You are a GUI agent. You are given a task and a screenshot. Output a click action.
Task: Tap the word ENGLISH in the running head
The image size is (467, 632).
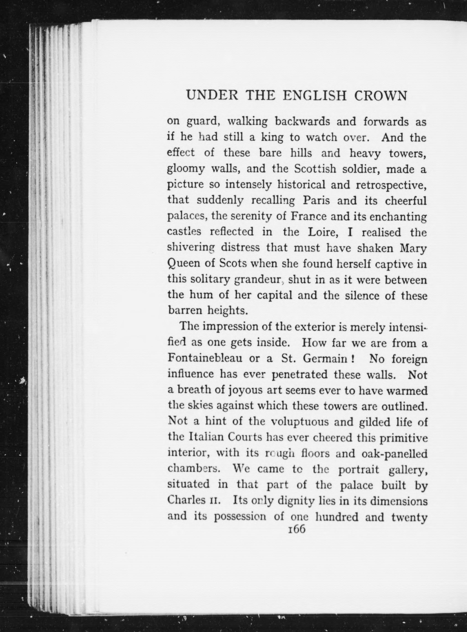(x=315, y=96)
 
